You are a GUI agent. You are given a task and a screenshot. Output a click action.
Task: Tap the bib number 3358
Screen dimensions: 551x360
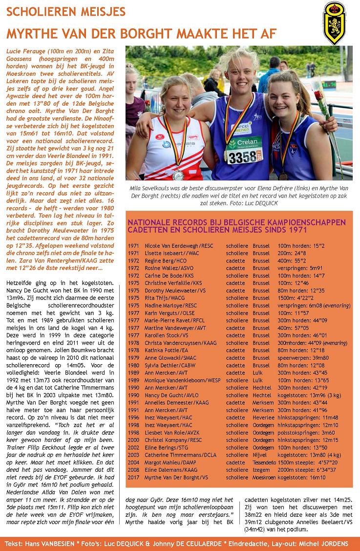(x=242, y=157)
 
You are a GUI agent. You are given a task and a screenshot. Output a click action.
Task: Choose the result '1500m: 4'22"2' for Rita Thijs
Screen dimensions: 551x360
(x=296, y=297)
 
